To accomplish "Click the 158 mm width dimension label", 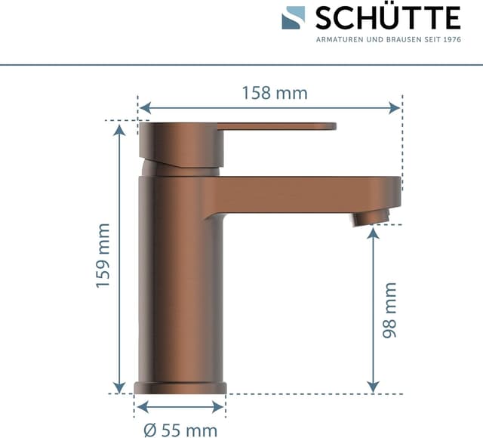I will coord(275,93).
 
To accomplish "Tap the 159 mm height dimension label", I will coord(103,254).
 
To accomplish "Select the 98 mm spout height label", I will coord(389,310).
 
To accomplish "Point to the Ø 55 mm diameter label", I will coord(180,428).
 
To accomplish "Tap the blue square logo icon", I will coord(294,17).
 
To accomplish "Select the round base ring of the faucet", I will coord(180,388).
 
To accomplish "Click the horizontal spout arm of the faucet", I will coord(302,193).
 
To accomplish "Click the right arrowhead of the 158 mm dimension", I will coord(395,108).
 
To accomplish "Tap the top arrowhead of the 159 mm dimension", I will coord(119,130).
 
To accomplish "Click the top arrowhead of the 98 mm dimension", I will coord(373,233).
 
